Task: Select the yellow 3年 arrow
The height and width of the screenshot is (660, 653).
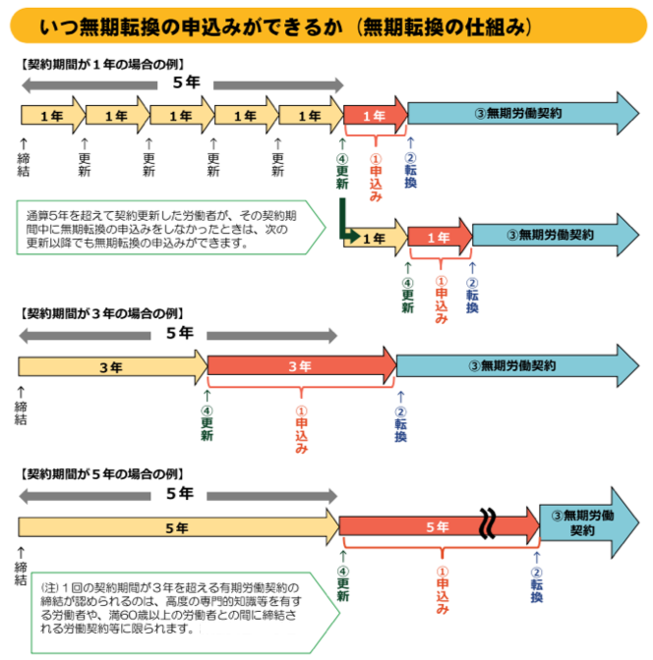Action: (x=110, y=367)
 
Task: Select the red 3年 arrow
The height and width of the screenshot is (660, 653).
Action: (x=300, y=366)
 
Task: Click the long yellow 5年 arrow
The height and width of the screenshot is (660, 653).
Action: (x=177, y=527)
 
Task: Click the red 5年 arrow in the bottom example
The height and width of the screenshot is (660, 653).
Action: (x=433, y=527)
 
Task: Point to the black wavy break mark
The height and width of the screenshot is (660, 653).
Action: (x=487, y=524)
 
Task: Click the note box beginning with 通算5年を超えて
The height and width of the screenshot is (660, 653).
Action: (x=169, y=229)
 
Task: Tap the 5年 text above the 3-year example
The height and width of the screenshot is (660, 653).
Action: (x=179, y=333)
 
